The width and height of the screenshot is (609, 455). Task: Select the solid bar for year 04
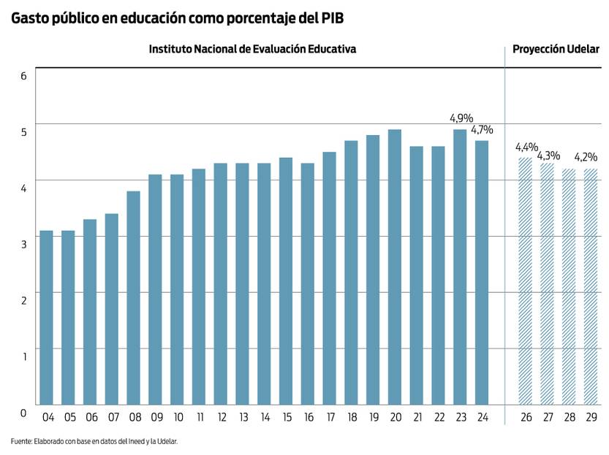[x=47, y=317]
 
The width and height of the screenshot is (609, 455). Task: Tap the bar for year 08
[x=134, y=297]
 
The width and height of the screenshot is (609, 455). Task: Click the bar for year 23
[x=460, y=267]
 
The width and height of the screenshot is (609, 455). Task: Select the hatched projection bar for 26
[x=525, y=280]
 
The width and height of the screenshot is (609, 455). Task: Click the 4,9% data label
[x=461, y=118]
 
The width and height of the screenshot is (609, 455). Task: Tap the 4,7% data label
[x=482, y=130]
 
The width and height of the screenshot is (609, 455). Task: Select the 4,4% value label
[x=526, y=146]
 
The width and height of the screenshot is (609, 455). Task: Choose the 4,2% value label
[x=586, y=156]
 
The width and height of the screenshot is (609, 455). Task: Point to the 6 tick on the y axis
[x=23, y=74]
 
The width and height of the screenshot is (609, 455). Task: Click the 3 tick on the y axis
[x=23, y=243]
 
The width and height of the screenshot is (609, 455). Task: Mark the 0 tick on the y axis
[x=23, y=413]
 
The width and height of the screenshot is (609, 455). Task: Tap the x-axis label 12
[x=221, y=417]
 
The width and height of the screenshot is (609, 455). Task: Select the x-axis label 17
[x=330, y=417]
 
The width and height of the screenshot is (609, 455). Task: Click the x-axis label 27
[x=547, y=417]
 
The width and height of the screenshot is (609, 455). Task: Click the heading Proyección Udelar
[x=556, y=49]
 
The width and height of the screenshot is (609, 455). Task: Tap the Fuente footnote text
[x=94, y=441]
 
